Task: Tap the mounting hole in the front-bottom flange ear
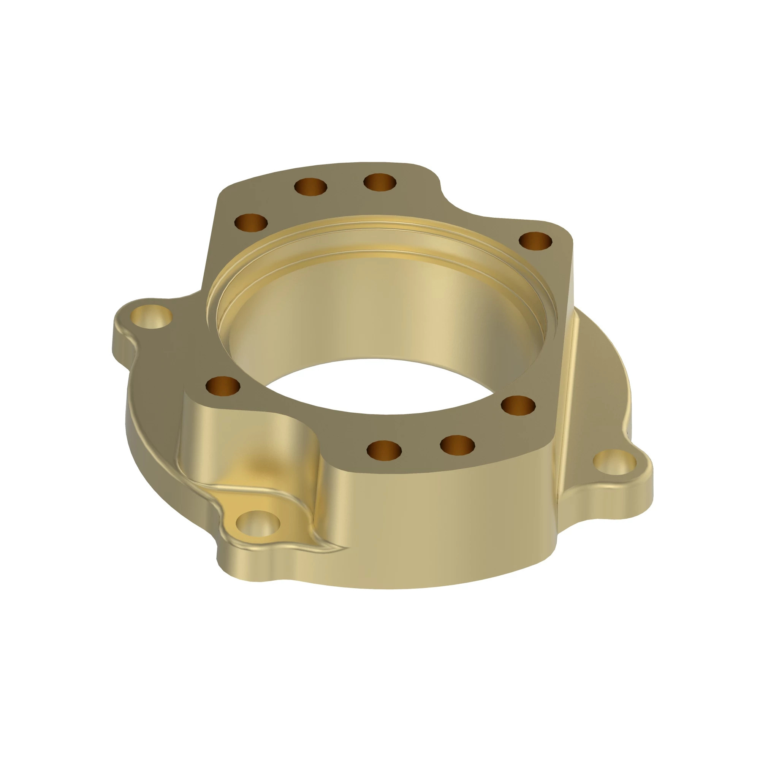click(258, 524)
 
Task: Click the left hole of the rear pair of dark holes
click(310, 187)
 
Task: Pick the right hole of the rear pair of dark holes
click(380, 182)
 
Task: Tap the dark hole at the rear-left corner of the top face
click(251, 223)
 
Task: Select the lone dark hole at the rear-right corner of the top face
click(535, 241)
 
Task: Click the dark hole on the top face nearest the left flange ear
click(223, 385)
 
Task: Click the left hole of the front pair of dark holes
click(384, 450)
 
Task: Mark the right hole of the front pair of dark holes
click(457, 445)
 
